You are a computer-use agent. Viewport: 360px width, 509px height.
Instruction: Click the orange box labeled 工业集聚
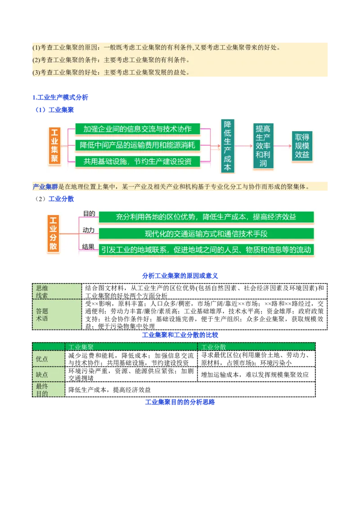[x=54, y=146]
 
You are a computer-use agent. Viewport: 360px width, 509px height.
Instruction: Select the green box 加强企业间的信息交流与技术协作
[x=137, y=129]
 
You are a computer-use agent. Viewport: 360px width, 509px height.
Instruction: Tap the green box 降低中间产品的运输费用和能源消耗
[x=137, y=145]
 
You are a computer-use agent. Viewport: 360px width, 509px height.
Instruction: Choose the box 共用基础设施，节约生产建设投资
[x=137, y=161]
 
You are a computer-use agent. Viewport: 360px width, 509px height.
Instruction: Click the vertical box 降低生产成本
[x=228, y=146]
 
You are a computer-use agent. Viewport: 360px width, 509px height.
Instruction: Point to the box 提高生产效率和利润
[x=263, y=146]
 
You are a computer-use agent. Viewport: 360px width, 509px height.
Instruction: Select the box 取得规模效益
[x=302, y=146]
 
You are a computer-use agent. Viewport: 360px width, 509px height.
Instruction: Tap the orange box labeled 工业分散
[x=54, y=233]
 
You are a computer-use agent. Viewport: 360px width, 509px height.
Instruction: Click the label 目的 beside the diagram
[x=89, y=214]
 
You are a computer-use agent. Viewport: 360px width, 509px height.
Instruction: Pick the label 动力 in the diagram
[x=89, y=230]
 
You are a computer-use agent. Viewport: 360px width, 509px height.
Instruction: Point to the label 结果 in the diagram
[x=89, y=246]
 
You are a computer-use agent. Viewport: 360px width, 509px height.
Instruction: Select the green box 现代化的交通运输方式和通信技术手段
[x=206, y=234]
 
